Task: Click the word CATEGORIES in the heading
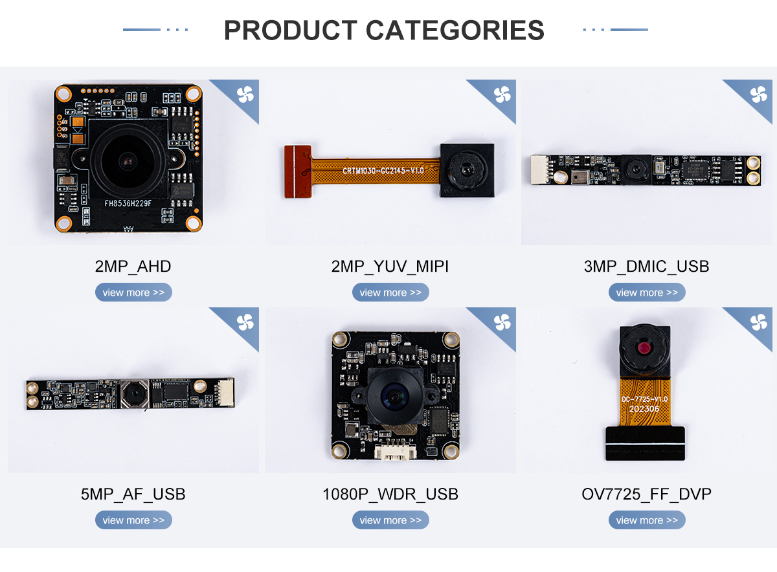pyautogui.click(x=455, y=30)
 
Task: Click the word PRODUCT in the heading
pyautogui.click(x=291, y=30)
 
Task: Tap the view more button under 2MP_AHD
pyautogui.click(x=133, y=292)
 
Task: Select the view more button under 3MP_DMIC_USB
pyautogui.click(x=647, y=292)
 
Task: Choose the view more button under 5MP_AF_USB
pyautogui.click(x=133, y=520)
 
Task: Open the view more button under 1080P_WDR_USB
pyautogui.click(x=390, y=520)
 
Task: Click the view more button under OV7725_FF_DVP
pyautogui.click(x=647, y=520)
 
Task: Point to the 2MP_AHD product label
pyautogui.click(x=133, y=266)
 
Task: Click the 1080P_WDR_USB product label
pyautogui.click(x=390, y=494)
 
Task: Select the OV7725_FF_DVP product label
pyautogui.click(x=647, y=494)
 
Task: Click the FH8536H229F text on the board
pyautogui.click(x=128, y=203)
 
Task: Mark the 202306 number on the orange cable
pyautogui.click(x=644, y=409)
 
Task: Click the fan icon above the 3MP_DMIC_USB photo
pyautogui.click(x=758, y=94)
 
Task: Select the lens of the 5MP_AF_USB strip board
pyautogui.click(x=133, y=393)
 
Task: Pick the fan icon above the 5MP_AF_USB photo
pyautogui.click(x=245, y=322)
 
